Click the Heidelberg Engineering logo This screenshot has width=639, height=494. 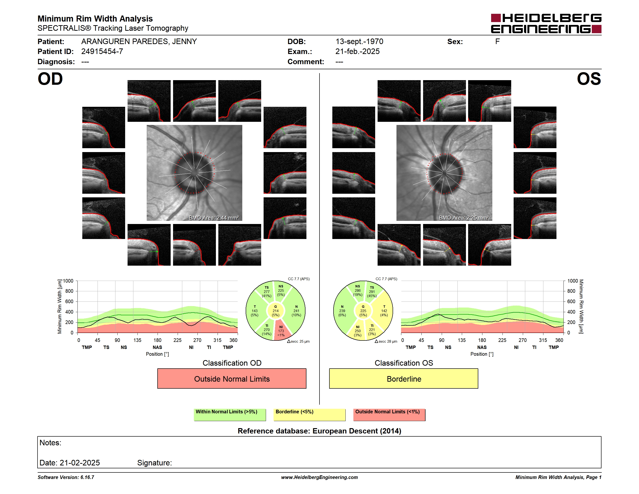546,23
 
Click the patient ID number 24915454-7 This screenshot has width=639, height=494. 102,52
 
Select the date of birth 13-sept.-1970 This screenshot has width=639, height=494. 359,42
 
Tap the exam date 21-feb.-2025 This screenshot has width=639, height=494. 357,52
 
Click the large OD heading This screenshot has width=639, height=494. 50,79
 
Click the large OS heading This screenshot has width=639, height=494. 589,79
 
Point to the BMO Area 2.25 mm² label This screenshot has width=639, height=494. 464,218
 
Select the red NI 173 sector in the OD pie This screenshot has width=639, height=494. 281,331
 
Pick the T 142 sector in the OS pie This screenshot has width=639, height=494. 384,310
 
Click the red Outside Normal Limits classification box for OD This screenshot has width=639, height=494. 232,379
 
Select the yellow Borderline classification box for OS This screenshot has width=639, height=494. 403,379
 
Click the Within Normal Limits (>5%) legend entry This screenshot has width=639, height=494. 230,415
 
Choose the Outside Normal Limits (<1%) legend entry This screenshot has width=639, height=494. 389,415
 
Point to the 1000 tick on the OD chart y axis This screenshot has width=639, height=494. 68,281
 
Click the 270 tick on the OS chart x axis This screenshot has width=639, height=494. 523,340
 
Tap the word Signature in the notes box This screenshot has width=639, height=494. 154,463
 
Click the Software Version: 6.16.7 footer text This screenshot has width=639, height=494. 66,477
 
